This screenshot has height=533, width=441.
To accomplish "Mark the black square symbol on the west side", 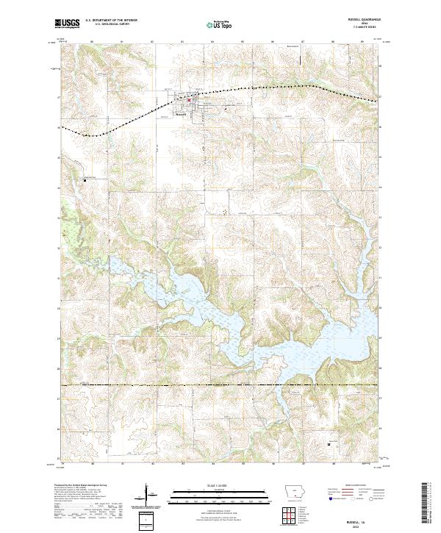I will click(x=85, y=179).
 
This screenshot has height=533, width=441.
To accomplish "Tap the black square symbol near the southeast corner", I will click(x=328, y=444).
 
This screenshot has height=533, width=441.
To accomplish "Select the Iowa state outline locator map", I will click(x=295, y=491).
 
